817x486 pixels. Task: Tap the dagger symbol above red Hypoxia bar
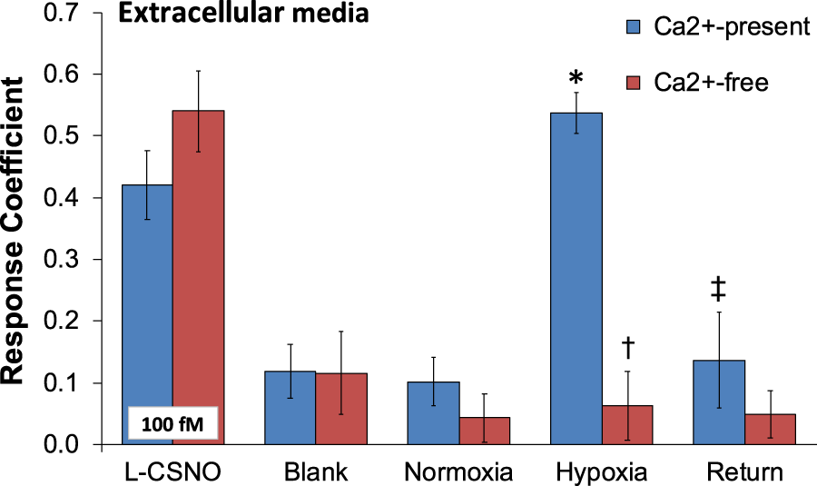point(628,346)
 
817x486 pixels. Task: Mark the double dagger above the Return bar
point(718,290)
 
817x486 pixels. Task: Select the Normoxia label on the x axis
point(459,472)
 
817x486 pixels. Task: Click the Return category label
point(743,472)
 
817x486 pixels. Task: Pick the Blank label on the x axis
point(310,472)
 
